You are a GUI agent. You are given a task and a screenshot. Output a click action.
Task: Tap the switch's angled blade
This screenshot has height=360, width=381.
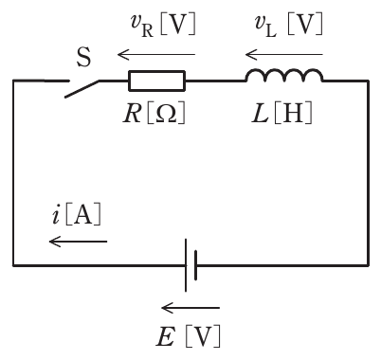(82, 89)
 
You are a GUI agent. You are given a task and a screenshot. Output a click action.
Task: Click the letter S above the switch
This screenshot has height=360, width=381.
(83, 57)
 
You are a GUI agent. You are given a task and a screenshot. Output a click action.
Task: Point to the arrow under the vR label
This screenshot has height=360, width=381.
(156, 55)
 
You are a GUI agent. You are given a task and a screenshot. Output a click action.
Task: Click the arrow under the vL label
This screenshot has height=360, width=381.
(284, 55)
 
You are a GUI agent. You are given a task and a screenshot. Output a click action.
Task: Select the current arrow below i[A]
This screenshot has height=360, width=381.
(79, 242)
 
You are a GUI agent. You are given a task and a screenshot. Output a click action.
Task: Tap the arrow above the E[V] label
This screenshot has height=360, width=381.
(190, 307)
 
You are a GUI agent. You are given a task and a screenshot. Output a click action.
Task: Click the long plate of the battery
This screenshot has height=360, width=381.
(186, 265)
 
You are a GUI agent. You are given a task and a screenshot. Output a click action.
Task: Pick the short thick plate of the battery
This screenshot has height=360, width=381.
(196, 265)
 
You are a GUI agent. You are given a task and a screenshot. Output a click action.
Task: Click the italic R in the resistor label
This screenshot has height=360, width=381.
(132, 113)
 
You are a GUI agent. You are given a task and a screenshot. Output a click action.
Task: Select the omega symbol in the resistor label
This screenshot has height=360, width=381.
(166, 113)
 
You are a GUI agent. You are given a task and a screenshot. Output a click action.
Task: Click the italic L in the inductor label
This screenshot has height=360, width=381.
(261, 113)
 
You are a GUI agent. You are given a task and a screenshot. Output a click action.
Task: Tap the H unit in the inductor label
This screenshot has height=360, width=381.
(293, 113)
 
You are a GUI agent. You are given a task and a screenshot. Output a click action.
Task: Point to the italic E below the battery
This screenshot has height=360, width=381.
(165, 336)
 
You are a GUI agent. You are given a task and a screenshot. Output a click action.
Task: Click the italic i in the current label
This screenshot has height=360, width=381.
(56, 215)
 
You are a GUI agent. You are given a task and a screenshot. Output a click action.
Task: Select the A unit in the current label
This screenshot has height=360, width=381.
(83, 215)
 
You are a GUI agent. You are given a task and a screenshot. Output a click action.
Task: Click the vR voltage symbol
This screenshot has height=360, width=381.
(142, 26)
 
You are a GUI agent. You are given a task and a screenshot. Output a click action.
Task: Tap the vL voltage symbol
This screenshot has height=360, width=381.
(266, 26)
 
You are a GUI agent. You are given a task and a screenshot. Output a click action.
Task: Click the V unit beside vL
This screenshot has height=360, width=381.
(306, 25)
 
